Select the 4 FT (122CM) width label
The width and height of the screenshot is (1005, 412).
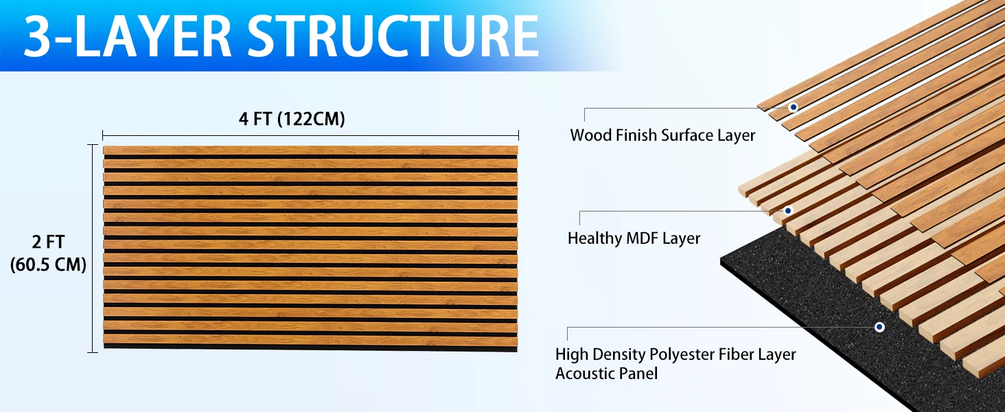pyautogui.click(x=292, y=119)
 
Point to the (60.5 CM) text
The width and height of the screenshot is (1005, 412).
pyautogui.click(x=48, y=264)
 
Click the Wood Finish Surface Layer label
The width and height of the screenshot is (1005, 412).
pyautogui.click(x=662, y=135)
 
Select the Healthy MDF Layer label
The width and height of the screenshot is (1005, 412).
pyautogui.click(x=634, y=238)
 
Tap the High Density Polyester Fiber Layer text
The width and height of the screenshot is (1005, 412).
pyautogui.click(x=675, y=354)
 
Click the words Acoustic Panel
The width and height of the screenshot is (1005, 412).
pyautogui.click(x=606, y=374)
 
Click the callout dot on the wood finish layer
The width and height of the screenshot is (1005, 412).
pyautogui.click(x=793, y=107)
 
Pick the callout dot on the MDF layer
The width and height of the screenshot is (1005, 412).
pyautogui.click(x=788, y=210)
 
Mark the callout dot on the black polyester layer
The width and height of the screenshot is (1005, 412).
pyautogui.click(x=879, y=327)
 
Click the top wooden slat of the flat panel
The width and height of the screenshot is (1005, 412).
pyautogui.click(x=310, y=150)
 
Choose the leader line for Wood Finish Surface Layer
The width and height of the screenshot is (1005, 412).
pyautogui.click(x=686, y=108)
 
